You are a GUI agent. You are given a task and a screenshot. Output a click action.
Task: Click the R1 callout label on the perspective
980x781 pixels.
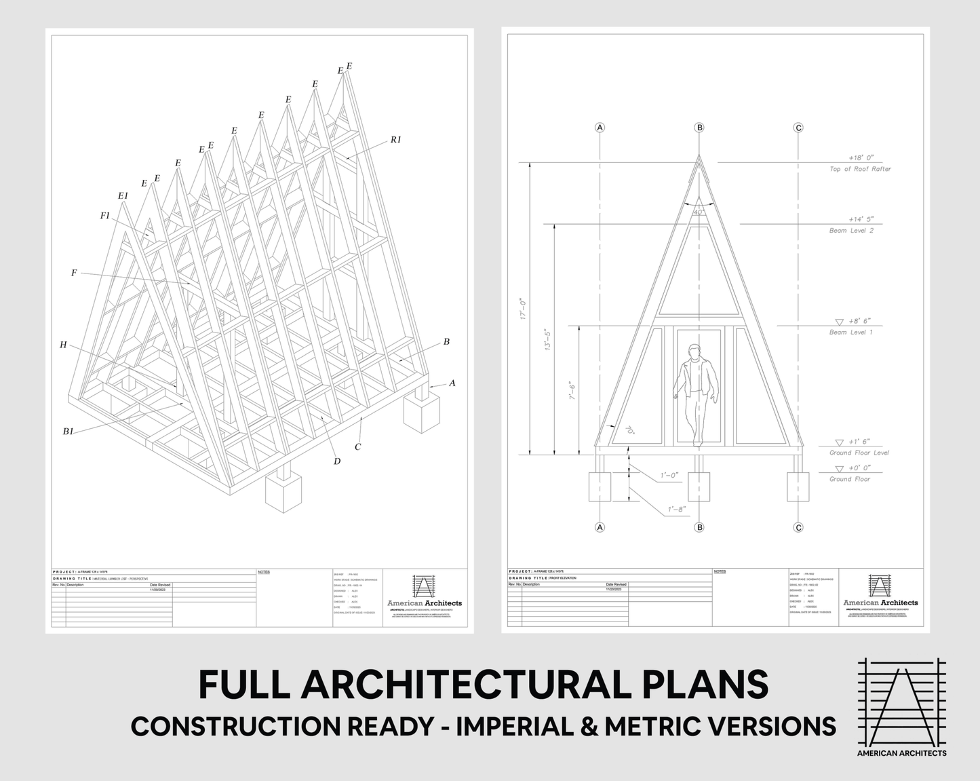(x=395, y=140)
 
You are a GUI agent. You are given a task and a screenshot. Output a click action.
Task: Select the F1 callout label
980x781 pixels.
(x=105, y=216)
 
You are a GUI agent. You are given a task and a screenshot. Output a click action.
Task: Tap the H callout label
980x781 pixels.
(x=63, y=345)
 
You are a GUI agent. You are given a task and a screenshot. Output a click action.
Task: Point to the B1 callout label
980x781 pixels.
(x=68, y=431)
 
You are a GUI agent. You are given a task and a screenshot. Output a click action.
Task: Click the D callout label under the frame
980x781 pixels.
(x=336, y=461)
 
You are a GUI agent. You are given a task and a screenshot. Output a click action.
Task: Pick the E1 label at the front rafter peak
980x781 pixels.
(x=123, y=196)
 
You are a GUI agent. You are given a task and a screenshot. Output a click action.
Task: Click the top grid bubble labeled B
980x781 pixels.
(x=699, y=128)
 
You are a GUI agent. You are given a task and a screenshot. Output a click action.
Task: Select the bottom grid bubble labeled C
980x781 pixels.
(x=798, y=527)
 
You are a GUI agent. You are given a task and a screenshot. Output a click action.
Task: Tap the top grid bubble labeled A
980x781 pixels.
(x=600, y=128)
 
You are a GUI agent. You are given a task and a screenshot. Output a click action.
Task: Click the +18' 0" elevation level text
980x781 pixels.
(x=861, y=158)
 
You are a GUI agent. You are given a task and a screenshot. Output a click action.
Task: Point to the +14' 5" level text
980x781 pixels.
(x=861, y=220)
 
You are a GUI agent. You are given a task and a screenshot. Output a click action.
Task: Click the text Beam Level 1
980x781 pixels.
(x=850, y=332)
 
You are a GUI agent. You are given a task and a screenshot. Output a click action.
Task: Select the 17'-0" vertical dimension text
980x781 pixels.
(x=523, y=309)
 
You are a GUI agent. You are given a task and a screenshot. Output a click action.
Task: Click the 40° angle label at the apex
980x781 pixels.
(x=699, y=212)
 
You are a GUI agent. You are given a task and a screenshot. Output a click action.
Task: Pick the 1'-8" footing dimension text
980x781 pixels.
(x=676, y=509)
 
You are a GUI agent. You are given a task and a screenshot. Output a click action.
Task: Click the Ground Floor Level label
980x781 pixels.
(x=859, y=453)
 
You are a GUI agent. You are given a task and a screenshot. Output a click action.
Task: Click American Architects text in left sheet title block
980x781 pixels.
(x=425, y=603)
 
